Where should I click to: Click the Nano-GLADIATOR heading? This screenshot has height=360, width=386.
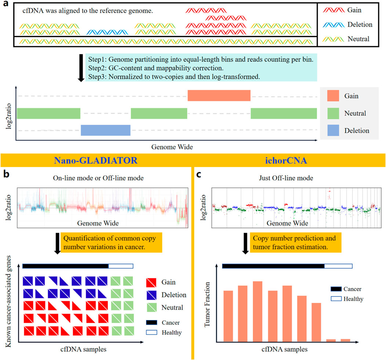96,160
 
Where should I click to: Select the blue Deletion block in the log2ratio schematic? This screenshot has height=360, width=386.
106,130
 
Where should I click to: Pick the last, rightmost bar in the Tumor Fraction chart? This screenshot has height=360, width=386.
345,340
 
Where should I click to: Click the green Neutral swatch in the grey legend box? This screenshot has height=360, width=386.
335,113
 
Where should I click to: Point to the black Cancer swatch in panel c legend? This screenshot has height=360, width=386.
336,289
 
